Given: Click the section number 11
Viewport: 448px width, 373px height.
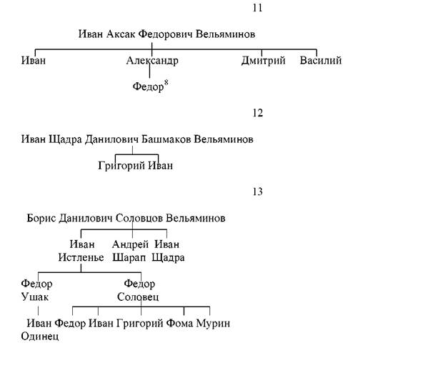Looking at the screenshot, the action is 257,8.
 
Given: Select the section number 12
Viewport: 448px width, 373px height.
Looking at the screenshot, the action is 257,113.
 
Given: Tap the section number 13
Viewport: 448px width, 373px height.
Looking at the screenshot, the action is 257,192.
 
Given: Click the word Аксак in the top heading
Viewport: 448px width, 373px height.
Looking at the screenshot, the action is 121,34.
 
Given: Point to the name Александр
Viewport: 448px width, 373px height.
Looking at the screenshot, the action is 152,61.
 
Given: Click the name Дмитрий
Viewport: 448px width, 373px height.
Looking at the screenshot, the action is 264,61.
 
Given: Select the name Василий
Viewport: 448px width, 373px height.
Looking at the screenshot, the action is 321,60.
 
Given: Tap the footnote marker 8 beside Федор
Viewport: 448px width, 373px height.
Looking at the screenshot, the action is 166,82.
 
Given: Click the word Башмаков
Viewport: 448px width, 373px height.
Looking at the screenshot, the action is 166,139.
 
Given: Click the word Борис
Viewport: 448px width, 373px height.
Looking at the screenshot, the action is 41,219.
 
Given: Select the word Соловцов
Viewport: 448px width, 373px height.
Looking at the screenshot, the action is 139,219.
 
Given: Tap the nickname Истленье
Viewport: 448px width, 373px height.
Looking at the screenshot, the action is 81,257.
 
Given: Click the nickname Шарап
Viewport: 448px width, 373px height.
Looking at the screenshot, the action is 129,258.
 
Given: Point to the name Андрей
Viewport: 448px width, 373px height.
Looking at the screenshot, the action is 130,244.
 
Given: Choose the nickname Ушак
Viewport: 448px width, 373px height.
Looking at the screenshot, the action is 34,297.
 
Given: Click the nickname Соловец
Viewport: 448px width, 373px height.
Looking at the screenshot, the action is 138,297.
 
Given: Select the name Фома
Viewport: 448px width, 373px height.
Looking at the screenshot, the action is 179,323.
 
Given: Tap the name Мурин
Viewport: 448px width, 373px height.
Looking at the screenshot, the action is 213,323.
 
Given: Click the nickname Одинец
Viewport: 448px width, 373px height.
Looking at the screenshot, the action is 40,336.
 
